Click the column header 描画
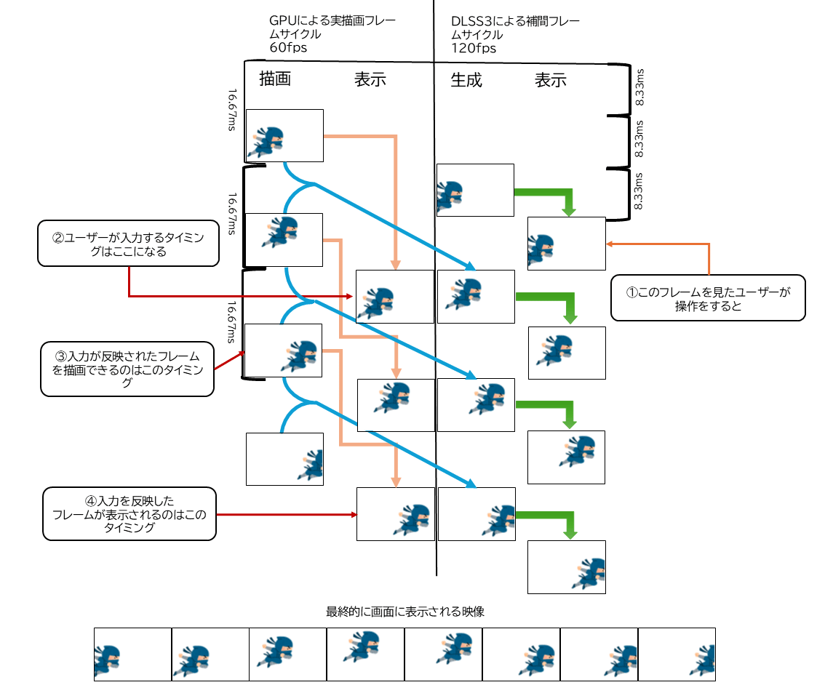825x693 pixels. point(275,79)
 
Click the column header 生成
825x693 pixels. point(466,79)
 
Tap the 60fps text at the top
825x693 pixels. point(288,49)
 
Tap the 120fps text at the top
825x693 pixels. point(474,49)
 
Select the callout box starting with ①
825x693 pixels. point(708,297)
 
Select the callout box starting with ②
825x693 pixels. point(128,245)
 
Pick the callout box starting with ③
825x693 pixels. point(127,369)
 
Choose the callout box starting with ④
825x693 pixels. point(129,514)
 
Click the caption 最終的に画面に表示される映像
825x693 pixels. point(405,612)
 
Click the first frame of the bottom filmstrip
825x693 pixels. point(132,654)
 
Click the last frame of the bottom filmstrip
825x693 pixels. point(677,654)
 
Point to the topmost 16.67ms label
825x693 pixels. point(232,109)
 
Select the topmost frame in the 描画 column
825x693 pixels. point(284,135)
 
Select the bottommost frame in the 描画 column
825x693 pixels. point(284,459)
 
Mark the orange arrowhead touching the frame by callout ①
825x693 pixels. point(610,244)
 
